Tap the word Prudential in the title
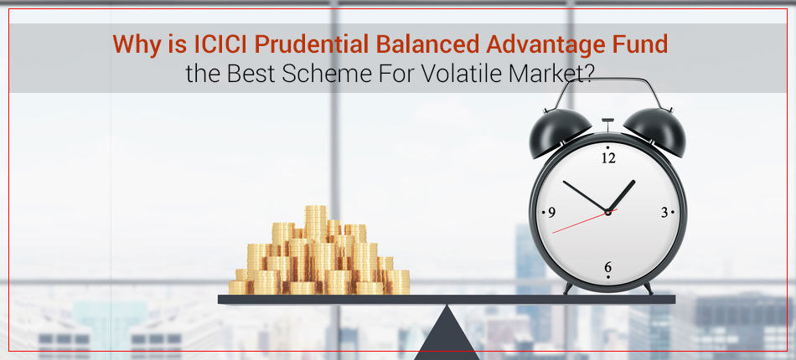pyautogui.click(x=311, y=44)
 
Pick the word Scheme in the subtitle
pyautogui.click(x=324, y=74)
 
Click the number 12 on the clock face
pyautogui.click(x=608, y=158)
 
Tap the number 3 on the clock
pyautogui.click(x=664, y=213)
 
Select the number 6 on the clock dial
pyautogui.click(x=608, y=267)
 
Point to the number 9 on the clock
pyautogui.click(x=552, y=213)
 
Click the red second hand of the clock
pyautogui.click(x=585, y=221)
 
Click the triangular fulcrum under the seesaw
pyautogui.click(x=447, y=334)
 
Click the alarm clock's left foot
pyautogui.click(x=568, y=288)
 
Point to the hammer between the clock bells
pyautogui.click(x=607, y=126)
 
